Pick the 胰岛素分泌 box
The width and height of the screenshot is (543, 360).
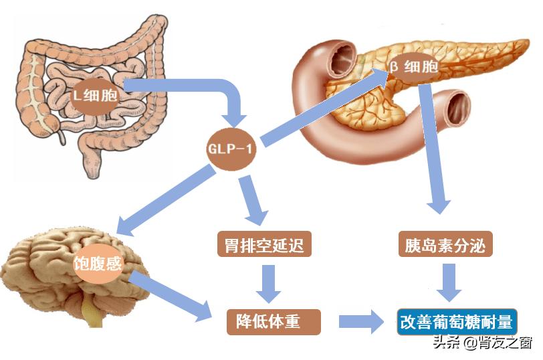pos(444,245)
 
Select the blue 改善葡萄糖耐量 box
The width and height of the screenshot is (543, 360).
pos(457,322)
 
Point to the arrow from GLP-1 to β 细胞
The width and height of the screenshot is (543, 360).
pos(321,108)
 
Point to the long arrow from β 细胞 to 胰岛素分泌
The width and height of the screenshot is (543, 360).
pos(434,147)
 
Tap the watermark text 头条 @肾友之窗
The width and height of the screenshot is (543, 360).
pos(481,344)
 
